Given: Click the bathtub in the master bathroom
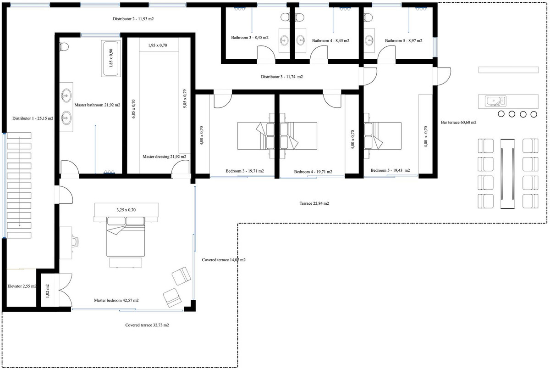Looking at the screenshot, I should tap(110, 59).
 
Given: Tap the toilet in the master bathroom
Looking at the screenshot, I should tap(64, 46).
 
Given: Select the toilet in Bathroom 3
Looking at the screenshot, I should tap(285, 17).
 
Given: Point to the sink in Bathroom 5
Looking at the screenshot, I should tap(369, 40).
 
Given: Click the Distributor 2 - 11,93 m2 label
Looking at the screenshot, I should tap(134, 19).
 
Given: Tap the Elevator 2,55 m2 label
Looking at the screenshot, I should tap(22, 286).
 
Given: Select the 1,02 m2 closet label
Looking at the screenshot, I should tap(48, 292).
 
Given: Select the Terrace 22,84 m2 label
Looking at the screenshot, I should tap(314, 203).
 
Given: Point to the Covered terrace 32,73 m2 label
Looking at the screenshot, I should tap(149, 325).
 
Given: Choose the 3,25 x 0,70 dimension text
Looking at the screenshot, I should tap(126, 210).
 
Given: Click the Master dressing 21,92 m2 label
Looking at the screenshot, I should tap(164, 157).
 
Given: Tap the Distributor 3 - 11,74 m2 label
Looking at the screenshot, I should tap(282, 77).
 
